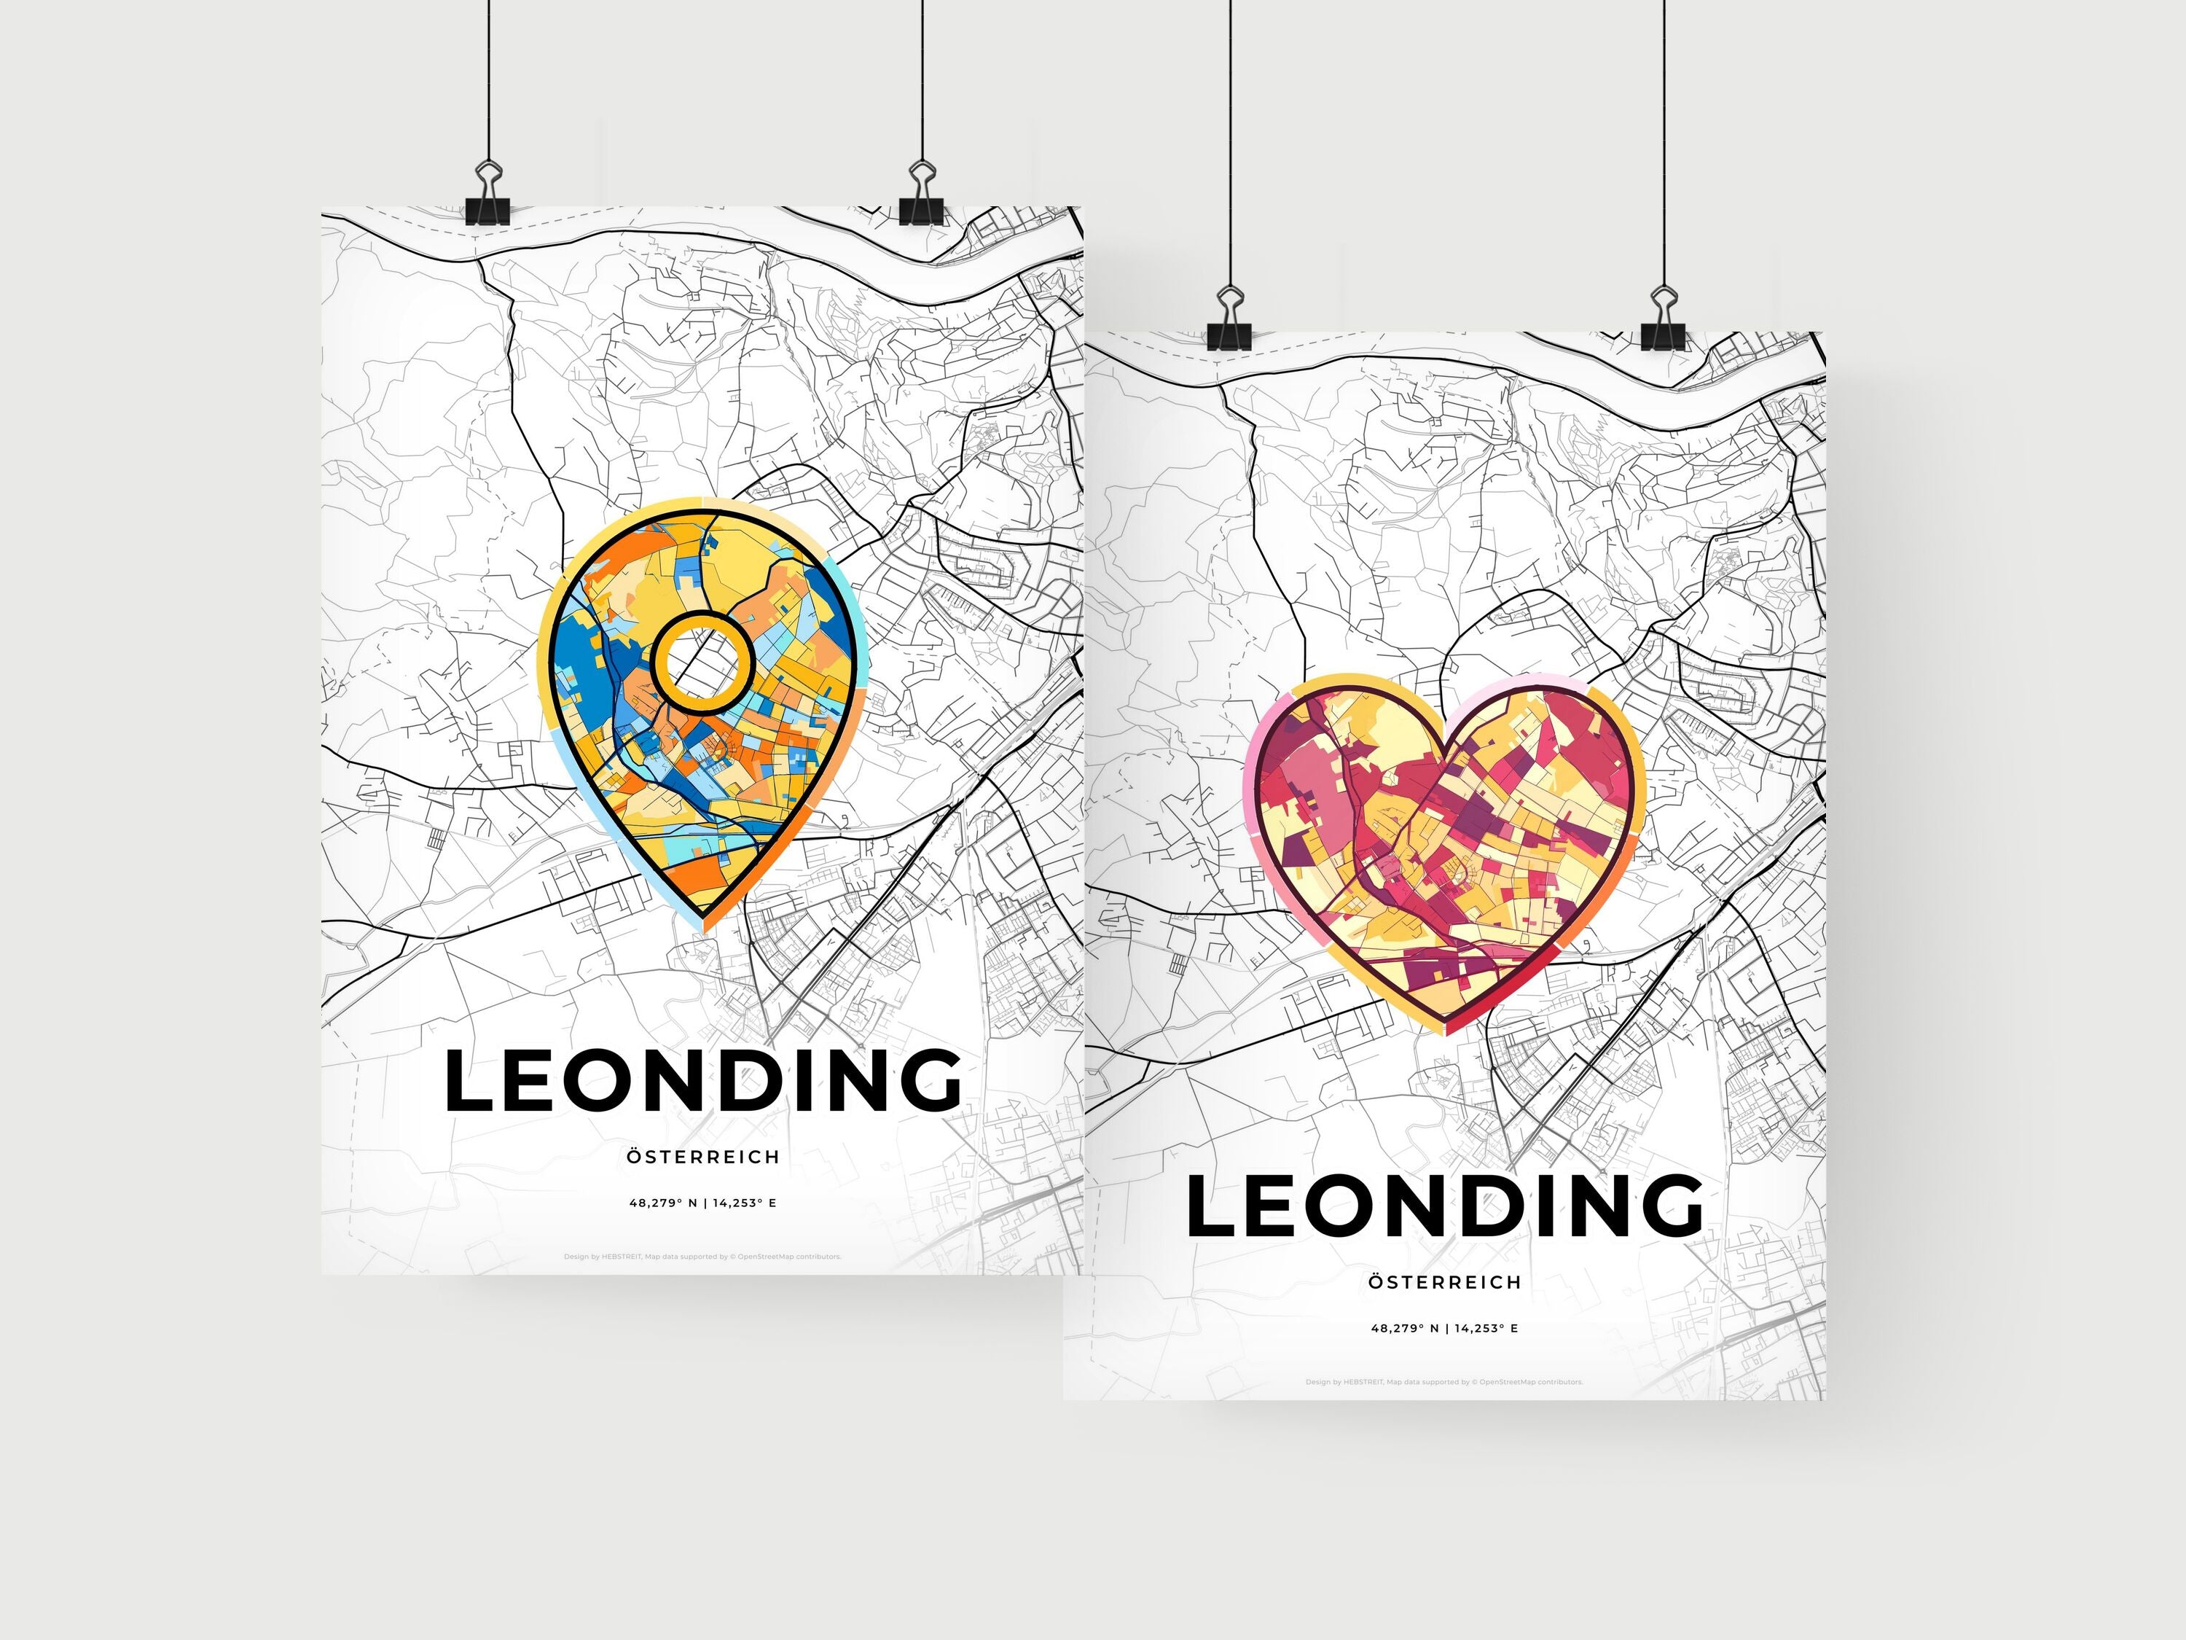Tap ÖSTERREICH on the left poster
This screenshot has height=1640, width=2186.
click(x=702, y=1157)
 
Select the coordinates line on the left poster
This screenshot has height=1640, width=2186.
click(x=702, y=1203)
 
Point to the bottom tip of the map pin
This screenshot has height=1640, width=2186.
click(x=704, y=926)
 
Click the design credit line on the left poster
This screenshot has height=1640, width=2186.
click(x=702, y=1257)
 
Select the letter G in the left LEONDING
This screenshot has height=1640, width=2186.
click(x=927, y=1079)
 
